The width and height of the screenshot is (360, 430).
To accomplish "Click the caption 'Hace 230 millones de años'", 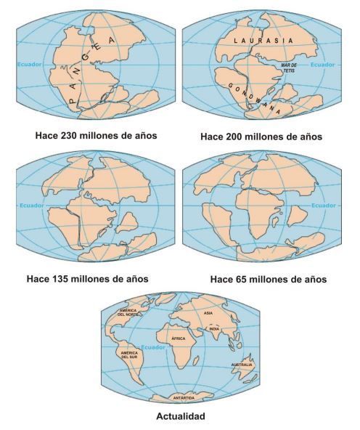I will click(x=89, y=135).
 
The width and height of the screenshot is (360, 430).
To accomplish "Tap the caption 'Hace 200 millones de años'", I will click(x=261, y=137).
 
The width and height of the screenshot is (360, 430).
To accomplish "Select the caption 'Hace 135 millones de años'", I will click(x=88, y=277).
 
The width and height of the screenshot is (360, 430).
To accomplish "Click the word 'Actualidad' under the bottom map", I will click(x=180, y=416).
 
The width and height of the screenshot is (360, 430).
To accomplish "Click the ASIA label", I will click(x=208, y=313).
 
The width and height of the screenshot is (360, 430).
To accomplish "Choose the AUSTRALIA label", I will click(x=241, y=364).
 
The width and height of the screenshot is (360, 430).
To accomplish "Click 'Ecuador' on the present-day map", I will click(x=152, y=346).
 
